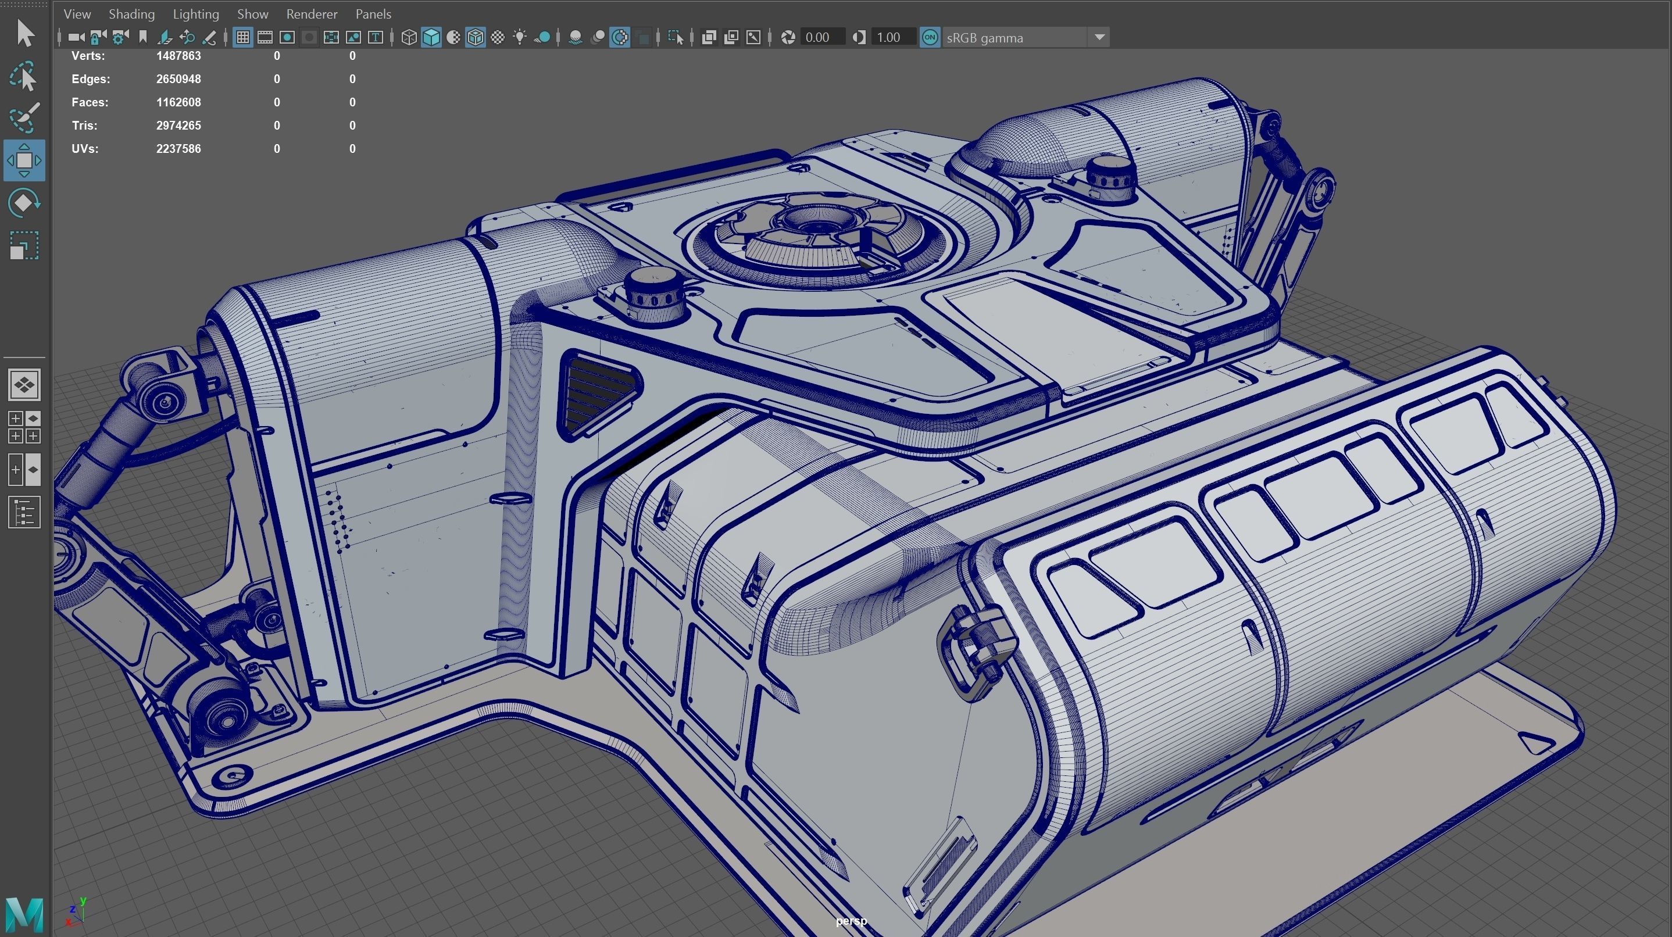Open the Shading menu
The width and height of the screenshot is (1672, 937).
(131, 13)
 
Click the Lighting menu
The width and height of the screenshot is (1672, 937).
(195, 13)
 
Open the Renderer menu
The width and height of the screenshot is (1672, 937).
(312, 13)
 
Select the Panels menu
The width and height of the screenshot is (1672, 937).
(373, 13)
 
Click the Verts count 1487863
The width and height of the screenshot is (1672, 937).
(178, 56)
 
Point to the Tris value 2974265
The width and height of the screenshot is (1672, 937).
(178, 125)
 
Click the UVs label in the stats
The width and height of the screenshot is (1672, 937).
(84, 149)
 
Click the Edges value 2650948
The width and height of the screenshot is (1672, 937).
(178, 79)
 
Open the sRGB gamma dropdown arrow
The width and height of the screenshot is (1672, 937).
(1099, 38)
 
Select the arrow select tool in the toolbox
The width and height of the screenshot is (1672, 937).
(24, 33)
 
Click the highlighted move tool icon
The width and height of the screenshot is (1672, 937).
(24, 160)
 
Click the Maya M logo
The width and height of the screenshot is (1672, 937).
(24, 914)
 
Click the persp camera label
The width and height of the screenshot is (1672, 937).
(851, 921)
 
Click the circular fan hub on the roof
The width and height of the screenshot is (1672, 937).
(812, 224)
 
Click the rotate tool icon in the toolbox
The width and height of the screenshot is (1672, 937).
(24, 203)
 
